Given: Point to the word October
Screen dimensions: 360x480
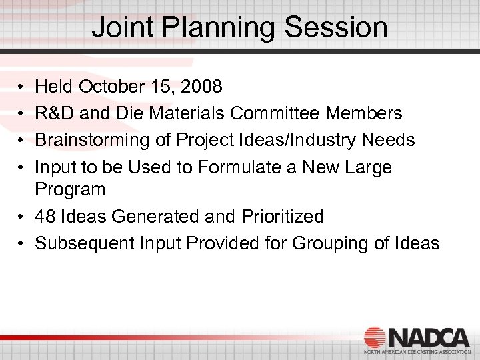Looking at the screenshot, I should click(x=109, y=87).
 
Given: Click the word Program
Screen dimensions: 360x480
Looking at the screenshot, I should click(x=70, y=190).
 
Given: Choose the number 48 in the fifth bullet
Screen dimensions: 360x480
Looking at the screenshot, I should click(x=45, y=216).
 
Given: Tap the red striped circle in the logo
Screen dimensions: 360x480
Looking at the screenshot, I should click(x=375, y=337).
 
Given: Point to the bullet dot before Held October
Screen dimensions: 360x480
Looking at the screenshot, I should click(x=21, y=87).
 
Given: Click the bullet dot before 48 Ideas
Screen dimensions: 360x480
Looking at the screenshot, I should click(x=21, y=217).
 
